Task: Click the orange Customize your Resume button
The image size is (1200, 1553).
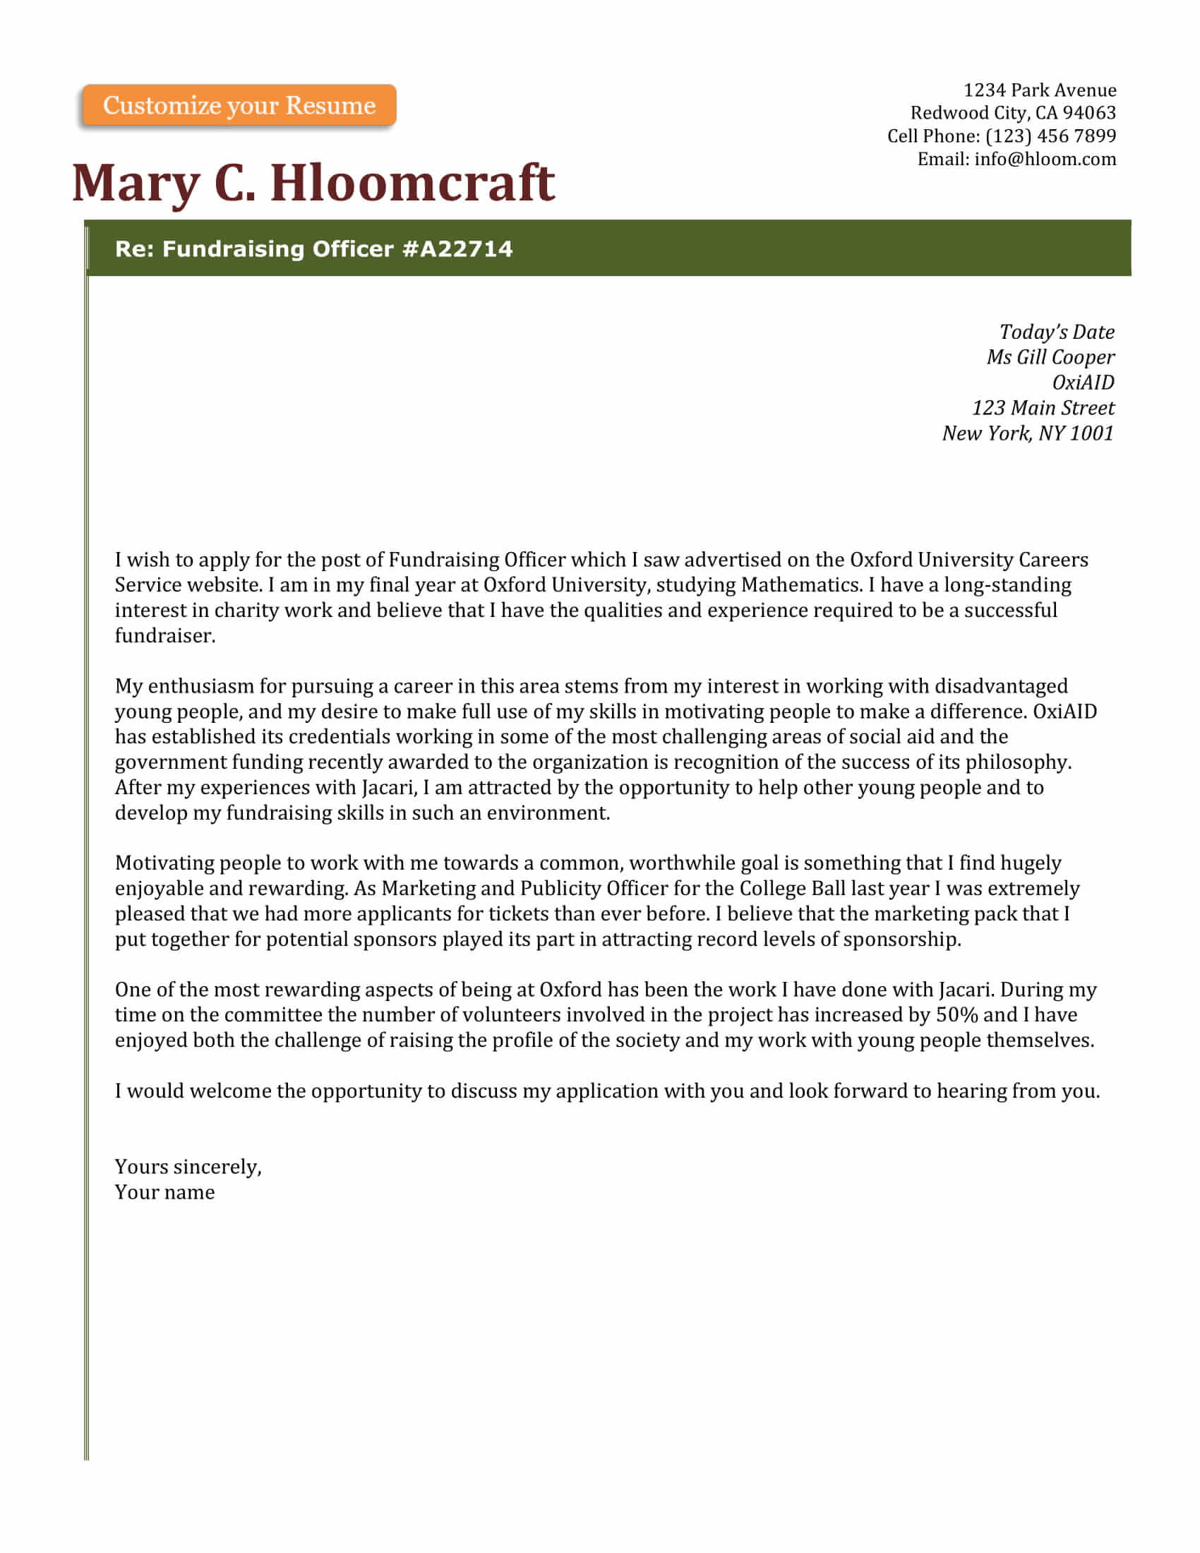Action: pyautogui.click(x=239, y=105)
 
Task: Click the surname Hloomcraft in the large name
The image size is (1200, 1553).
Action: pyautogui.click(x=412, y=184)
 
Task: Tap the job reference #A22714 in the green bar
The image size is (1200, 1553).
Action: pyautogui.click(x=457, y=249)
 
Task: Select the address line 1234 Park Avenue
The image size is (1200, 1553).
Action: pyautogui.click(x=1039, y=90)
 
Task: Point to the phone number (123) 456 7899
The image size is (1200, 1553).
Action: pyautogui.click(x=1051, y=136)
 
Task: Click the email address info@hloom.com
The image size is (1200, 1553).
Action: pyautogui.click(x=1045, y=159)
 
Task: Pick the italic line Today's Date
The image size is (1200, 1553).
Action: pyautogui.click(x=1057, y=332)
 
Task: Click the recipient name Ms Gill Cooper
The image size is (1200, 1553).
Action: pyautogui.click(x=1050, y=357)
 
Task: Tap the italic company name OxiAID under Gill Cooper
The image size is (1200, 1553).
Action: pyautogui.click(x=1083, y=383)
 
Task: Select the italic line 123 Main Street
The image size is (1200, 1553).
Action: pyautogui.click(x=1043, y=408)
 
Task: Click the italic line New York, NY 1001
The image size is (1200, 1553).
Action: pyautogui.click(x=1027, y=433)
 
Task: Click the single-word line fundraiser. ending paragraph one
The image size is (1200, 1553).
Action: pyautogui.click(x=165, y=636)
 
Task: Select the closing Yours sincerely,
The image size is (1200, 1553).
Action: pyautogui.click(x=188, y=1167)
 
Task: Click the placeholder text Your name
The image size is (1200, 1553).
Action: pyautogui.click(x=165, y=1192)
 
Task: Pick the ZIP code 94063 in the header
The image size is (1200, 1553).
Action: pyautogui.click(x=1089, y=113)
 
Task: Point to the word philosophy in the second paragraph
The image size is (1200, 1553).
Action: pyautogui.click(x=1017, y=762)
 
